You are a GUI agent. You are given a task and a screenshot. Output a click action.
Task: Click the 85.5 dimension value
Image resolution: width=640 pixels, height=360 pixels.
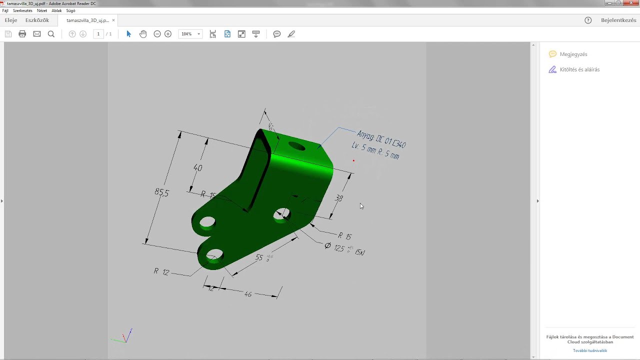point(161,192)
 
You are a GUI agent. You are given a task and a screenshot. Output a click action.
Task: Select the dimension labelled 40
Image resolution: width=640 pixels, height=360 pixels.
point(197,168)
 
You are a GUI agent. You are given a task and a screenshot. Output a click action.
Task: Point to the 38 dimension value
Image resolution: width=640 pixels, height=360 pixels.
point(339,198)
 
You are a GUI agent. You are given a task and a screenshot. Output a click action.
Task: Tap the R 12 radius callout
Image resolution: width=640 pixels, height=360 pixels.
point(161,271)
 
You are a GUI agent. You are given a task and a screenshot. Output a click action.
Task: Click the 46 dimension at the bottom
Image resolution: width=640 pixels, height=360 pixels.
point(248,294)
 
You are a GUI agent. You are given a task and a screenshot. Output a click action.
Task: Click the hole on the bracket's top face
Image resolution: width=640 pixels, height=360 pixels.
point(296,146)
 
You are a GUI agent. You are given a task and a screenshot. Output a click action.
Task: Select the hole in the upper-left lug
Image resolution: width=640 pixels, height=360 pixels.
point(207,222)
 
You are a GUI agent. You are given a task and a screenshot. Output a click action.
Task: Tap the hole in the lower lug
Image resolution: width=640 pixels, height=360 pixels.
point(214,254)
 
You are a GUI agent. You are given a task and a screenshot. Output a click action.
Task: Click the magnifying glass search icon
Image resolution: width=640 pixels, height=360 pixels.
point(51,34)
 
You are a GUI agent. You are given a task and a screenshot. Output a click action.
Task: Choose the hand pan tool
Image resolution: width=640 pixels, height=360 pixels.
point(143,34)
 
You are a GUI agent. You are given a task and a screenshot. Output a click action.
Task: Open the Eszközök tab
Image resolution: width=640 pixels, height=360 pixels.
point(37,20)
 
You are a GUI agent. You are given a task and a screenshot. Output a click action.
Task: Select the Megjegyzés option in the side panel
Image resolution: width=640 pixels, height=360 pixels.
point(573,54)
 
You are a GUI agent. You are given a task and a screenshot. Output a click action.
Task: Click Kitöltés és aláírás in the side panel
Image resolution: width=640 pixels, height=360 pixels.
point(579,69)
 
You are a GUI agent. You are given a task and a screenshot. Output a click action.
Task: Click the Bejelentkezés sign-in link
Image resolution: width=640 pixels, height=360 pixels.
point(618,20)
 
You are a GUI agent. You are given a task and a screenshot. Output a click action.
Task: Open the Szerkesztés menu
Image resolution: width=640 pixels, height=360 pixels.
point(22,10)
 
